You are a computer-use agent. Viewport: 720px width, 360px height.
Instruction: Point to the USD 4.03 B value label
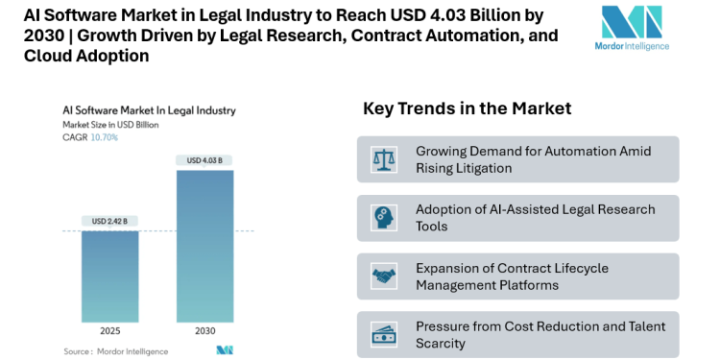[x=204, y=159]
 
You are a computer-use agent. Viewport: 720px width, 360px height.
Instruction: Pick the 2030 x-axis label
[x=204, y=331]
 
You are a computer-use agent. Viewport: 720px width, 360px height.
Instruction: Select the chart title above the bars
[x=150, y=110]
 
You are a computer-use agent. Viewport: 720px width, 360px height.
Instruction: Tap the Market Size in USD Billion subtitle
[x=109, y=125]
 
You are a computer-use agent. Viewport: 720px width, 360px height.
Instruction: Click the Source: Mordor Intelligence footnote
[x=112, y=350]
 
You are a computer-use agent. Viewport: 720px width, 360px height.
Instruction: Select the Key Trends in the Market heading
[x=467, y=108]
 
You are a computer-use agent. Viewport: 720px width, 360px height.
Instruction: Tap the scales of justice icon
[x=384, y=159]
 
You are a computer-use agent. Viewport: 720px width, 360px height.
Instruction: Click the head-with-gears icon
[x=384, y=218]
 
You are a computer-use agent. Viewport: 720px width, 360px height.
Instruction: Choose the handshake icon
[x=384, y=276]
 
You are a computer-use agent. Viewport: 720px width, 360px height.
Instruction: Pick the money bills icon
[x=384, y=334]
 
